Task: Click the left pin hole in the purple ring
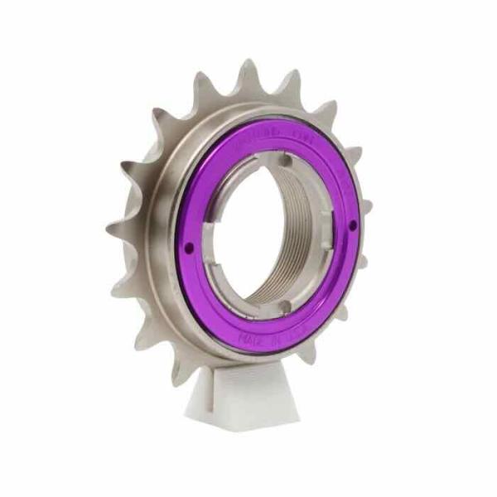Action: [x=188, y=246]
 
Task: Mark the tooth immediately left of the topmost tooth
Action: [x=203, y=83]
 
